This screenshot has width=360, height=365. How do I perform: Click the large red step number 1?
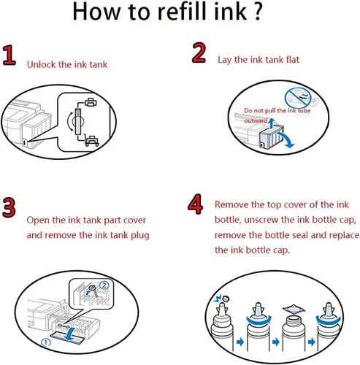tap(9, 55)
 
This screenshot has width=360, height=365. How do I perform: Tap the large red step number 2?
tap(199, 53)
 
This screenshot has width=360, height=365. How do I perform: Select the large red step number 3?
tap(9, 207)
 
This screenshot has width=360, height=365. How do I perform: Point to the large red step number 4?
tap(195, 204)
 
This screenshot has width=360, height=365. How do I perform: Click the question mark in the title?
tap(257, 11)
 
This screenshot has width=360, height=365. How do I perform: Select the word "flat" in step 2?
tap(292, 59)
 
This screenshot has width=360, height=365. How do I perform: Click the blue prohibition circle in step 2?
tap(298, 97)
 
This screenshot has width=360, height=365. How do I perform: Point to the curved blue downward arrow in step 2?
tap(288, 139)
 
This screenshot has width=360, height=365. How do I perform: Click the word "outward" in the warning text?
tap(256, 120)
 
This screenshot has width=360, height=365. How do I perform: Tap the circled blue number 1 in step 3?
tap(45, 342)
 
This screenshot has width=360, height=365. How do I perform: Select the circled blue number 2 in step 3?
tap(104, 285)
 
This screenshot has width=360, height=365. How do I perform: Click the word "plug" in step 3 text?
tap(140, 236)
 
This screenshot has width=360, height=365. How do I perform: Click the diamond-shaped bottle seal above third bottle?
tap(294, 309)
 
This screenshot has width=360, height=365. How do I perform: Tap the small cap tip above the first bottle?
tap(226, 299)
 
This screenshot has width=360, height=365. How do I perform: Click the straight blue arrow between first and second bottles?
tap(240, 342)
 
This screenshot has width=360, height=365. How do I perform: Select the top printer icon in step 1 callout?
tap(91, 102)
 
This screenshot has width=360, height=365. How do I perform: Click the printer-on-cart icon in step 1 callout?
tap(92, 141)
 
